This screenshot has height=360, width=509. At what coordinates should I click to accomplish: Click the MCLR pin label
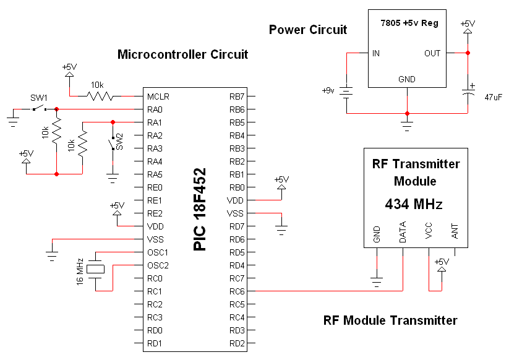tap(158, 96)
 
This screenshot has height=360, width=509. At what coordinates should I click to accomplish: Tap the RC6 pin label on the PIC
tap(237, 291)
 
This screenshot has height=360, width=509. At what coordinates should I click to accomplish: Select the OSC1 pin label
tap(158, 252)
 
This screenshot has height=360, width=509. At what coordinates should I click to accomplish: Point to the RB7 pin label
tap(237, 96)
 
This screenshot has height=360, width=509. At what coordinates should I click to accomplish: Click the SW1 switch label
tap(38, 98)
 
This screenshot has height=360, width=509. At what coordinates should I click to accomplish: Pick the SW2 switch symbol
tap(113, 144)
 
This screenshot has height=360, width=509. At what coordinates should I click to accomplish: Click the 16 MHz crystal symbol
tap(95, 269)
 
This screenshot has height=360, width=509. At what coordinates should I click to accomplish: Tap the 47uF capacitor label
tap(493, 97)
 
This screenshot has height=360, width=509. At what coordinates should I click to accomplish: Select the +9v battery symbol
tap(346, 92)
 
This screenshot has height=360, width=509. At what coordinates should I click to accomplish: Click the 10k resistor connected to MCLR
tap(100, 96)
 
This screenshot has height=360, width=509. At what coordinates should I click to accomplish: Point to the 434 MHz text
tap(414, 205)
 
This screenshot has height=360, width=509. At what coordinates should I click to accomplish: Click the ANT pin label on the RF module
tap(455, 231)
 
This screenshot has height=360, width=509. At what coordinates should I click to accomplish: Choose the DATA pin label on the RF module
tap(403, 232)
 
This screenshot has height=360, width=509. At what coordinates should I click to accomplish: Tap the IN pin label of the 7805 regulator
tap(376, 53)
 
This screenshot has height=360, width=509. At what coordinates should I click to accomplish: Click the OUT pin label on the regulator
tap(432, 53)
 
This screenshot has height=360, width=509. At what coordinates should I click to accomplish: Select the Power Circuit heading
tap(308, 30)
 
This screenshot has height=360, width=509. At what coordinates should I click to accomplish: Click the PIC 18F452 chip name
tap(200, 209)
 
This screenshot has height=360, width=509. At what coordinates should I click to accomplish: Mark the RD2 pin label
tap(237, 343)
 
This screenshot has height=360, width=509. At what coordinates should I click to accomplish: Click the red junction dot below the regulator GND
tap(407, 114)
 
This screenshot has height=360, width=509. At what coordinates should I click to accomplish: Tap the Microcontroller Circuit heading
tap(183, 54)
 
